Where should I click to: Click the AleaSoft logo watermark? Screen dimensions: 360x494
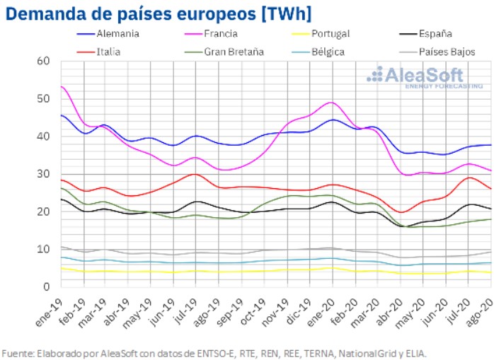[x=418, y=76]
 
